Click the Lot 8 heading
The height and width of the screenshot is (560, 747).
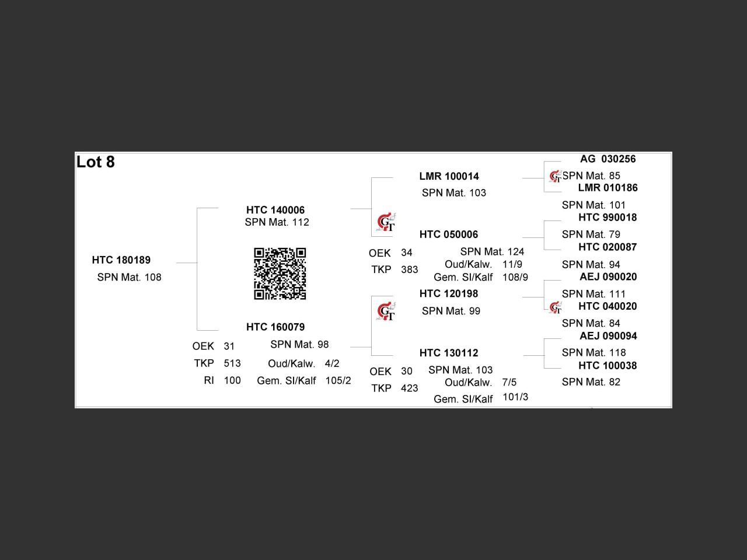(96, 162)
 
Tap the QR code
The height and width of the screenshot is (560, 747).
(280, 274)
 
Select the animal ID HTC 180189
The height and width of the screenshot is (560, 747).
(121, 260)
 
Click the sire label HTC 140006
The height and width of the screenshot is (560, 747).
(275, 210)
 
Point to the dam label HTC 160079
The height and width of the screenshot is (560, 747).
(275, 327)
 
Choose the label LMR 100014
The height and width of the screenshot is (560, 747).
(449, 176)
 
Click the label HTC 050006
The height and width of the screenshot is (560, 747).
(449, 235)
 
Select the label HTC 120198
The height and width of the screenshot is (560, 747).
(449, 293)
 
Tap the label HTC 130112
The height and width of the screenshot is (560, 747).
(449, 353)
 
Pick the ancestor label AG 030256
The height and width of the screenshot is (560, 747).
(608, 159)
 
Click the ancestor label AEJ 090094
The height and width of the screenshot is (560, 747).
(608, 336)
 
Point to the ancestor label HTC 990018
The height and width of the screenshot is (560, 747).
(608, 218)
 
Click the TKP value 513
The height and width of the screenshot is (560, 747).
(232, 363)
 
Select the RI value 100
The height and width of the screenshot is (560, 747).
(232, 380)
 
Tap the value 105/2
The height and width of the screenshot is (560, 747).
(338, 380)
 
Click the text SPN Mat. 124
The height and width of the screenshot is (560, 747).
(492, 251)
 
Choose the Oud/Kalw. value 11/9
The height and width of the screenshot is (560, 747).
(512, 264)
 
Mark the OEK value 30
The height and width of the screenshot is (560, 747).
(407, 372)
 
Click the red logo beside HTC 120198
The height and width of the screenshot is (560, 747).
(386, 312)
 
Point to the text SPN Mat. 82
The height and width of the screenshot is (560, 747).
(591, 382)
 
